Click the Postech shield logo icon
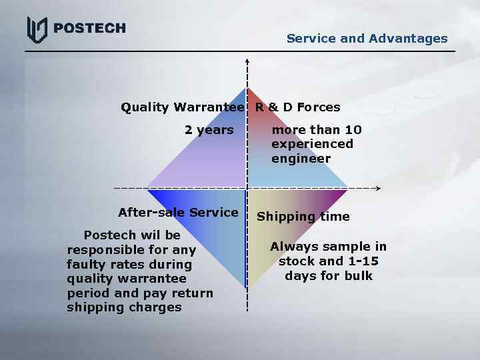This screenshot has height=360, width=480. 37,29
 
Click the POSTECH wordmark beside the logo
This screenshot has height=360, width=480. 89,28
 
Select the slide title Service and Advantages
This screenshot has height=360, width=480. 367,39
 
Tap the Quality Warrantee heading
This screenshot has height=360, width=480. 182,107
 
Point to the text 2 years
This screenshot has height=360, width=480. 209,130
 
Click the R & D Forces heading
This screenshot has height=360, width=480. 297,107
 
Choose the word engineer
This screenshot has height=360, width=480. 301,159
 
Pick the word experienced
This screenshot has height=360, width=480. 312,144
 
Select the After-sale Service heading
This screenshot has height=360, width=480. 178,213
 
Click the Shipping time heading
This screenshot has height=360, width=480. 303,217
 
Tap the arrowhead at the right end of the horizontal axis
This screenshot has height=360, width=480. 377,189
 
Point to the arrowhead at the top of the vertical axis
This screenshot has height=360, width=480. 247,61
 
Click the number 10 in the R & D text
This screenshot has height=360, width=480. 353,130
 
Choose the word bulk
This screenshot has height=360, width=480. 359,276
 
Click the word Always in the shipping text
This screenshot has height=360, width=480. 294,247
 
